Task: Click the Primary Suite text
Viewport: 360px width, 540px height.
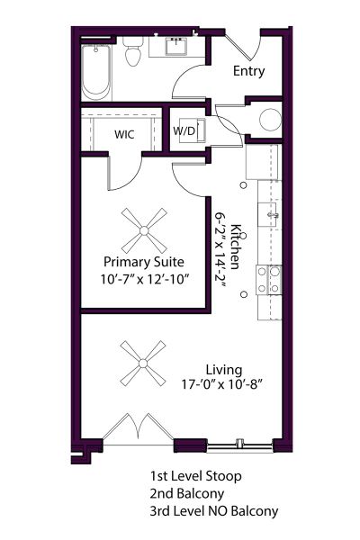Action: tap(143, 262)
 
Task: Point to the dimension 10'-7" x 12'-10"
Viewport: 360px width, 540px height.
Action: tap(143, 279)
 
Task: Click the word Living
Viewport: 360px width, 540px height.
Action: tap(224, 369)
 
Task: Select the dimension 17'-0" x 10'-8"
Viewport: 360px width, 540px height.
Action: tap(224, 384)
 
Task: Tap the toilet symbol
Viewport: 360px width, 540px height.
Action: tap(133, 54)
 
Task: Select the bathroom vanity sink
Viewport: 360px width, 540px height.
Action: tap(175, 46)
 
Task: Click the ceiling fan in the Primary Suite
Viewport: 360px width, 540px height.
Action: tap(143, 228)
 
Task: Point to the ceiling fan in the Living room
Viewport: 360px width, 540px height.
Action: tap(142, 364)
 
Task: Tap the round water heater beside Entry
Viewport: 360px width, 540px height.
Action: tap(270, 120)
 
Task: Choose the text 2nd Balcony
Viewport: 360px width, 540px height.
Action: tap(186, 493)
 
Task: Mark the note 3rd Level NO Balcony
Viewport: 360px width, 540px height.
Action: tap(214, 511)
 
